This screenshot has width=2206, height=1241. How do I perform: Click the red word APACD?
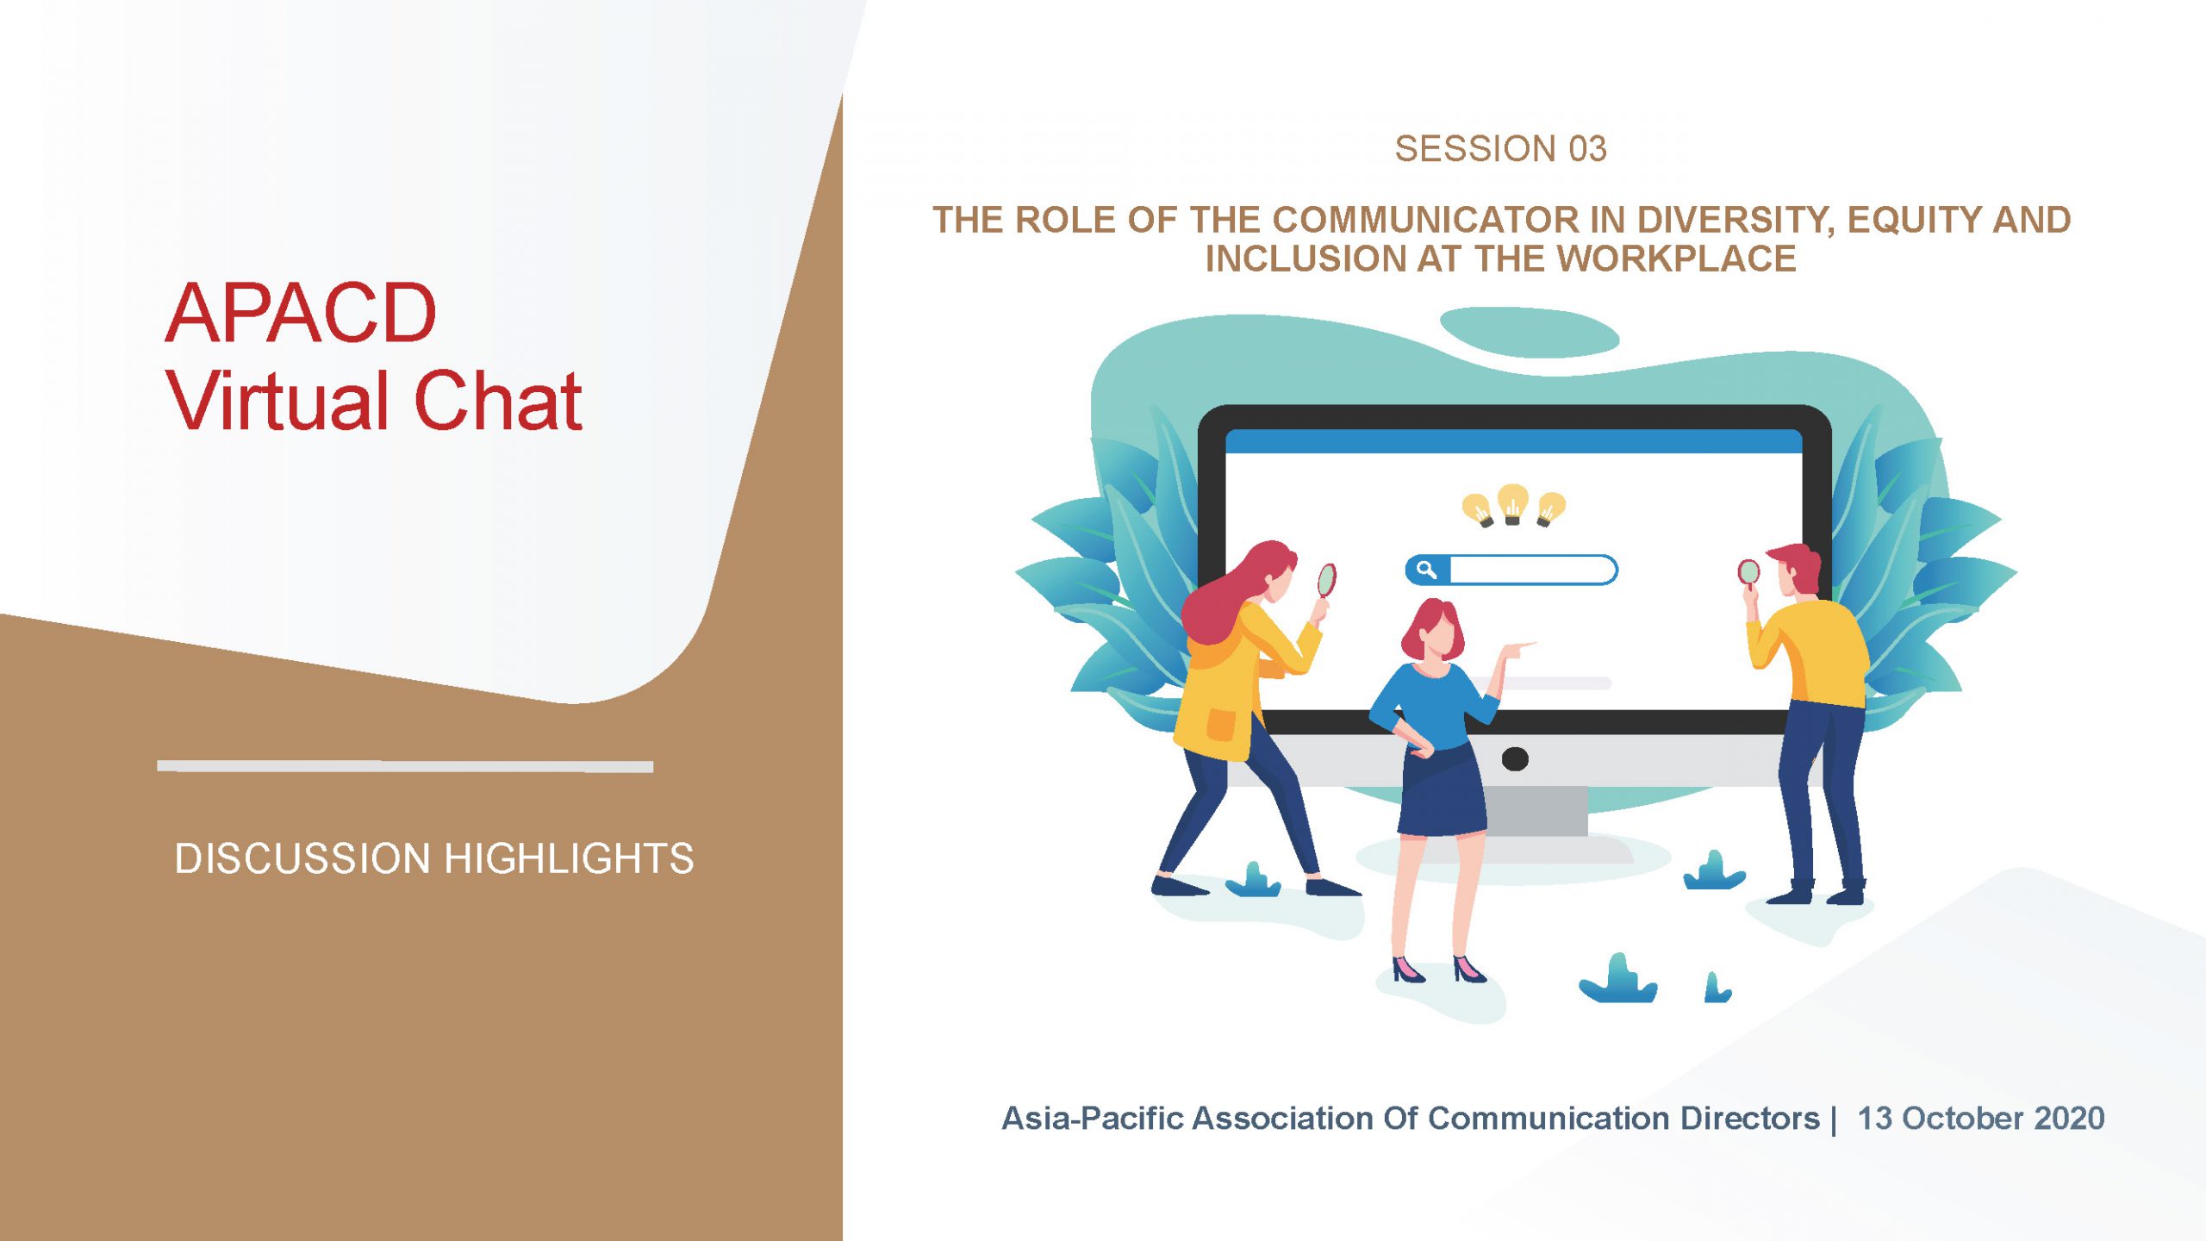301,313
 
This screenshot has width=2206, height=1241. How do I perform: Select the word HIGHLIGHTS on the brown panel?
569,858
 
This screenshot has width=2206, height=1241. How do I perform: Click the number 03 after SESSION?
1587,149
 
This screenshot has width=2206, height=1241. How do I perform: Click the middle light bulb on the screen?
1512,504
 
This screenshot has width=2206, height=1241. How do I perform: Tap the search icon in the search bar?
1426,570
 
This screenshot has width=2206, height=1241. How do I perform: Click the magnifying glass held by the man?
1748,572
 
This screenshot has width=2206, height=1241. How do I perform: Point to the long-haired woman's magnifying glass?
1326,580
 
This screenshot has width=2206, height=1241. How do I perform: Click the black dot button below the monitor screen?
1515,758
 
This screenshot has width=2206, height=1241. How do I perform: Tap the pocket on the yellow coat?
1220,724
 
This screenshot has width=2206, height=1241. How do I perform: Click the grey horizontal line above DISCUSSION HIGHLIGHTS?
405,766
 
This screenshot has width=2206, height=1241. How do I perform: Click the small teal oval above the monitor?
1530,332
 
